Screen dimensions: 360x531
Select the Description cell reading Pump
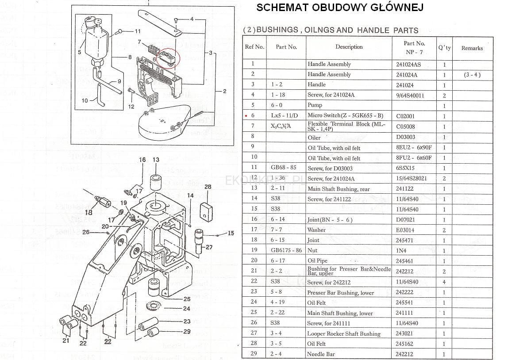click(x=315, y=105)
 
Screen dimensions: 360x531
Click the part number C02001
click(x=405, y=116)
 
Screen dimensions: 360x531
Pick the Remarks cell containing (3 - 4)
click(x=472, y=75)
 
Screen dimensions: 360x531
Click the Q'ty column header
click(x=444, y=47)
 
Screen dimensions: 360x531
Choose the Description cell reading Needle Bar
click(x=321, y=354)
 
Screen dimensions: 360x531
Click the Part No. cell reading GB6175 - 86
click(x=286, y=250)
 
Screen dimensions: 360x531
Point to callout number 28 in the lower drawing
click(x=208, y=187)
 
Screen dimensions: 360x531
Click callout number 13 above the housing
click(x=156, y=160)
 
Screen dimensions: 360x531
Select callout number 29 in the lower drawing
click(x=187, y=332)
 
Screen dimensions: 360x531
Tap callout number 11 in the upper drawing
click(x=138, y=31)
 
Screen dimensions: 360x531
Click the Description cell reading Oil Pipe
click(x=318, y=261)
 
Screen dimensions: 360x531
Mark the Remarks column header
click(x=472, y=48)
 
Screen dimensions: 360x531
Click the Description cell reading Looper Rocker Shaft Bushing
click(x=344, y=334)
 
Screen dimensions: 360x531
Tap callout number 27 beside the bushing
click(x=209, y=247)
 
